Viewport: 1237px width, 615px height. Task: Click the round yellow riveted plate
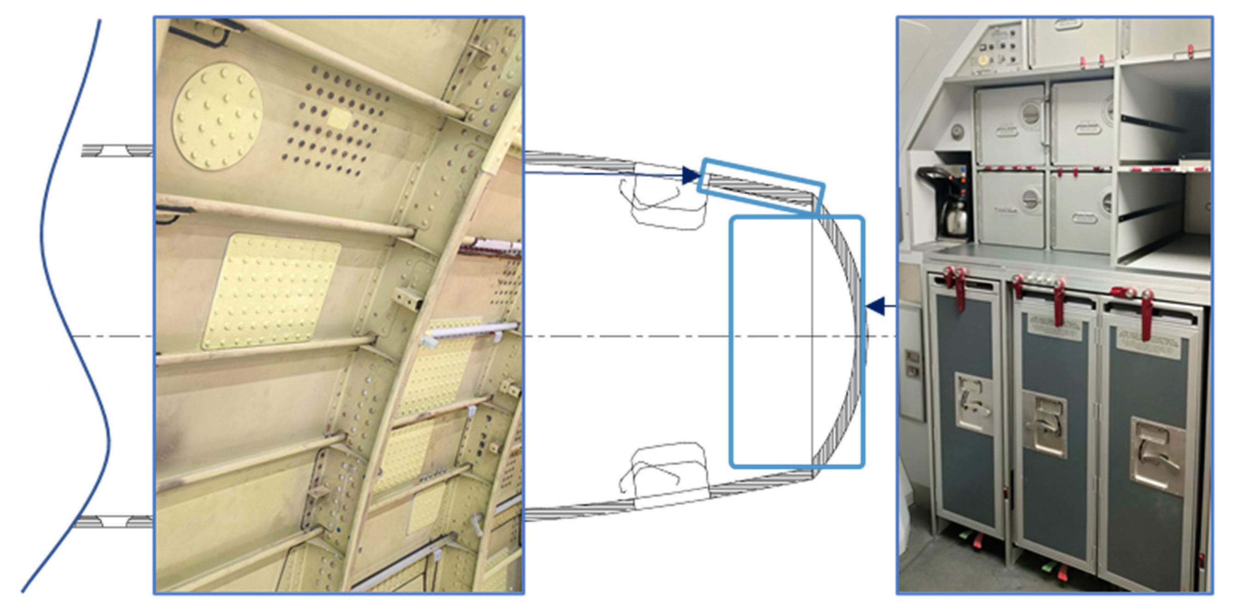[218, 117]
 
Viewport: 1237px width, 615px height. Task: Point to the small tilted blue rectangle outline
[761, 185]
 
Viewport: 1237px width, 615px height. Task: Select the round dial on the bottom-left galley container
[1030, 198]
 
